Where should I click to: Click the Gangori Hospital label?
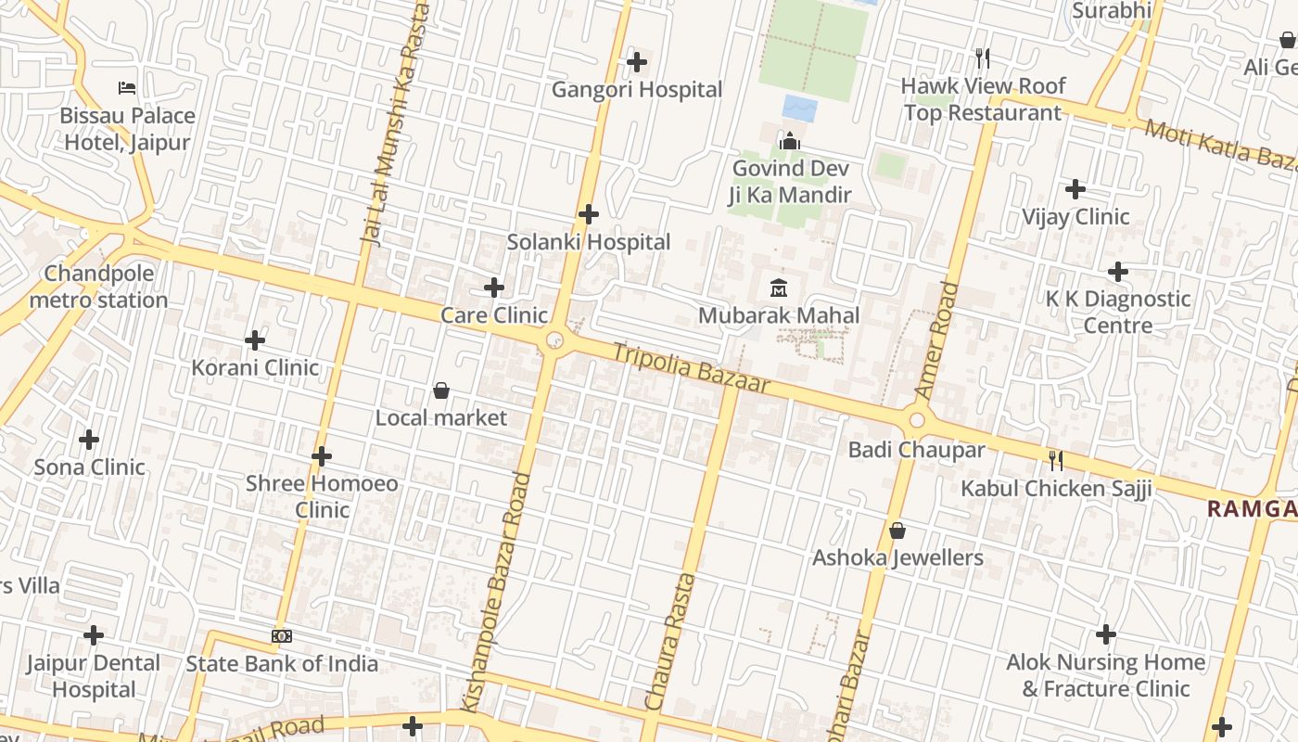[636, 90]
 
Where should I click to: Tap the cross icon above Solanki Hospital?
[588, 214]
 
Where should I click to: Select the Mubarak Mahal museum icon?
[779, 288]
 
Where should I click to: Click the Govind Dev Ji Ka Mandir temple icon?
[790, 141]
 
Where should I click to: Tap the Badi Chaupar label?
[916, 450]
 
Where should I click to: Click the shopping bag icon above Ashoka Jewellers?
[897, 531]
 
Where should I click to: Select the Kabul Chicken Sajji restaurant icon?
[1055, 460]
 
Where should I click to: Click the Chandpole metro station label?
[98, 287]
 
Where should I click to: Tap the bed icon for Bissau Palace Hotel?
[128, 88]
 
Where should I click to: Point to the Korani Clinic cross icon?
[255, 340]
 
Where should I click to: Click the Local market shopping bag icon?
[441, 390]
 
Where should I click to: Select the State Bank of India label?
[282, 663]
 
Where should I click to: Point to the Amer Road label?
[935, 340]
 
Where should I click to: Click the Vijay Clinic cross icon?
[1075, 189]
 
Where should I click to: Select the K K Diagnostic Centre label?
[1117, 312]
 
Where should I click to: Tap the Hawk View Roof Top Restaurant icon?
[983, 58]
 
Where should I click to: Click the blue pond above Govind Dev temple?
[799, 109]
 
